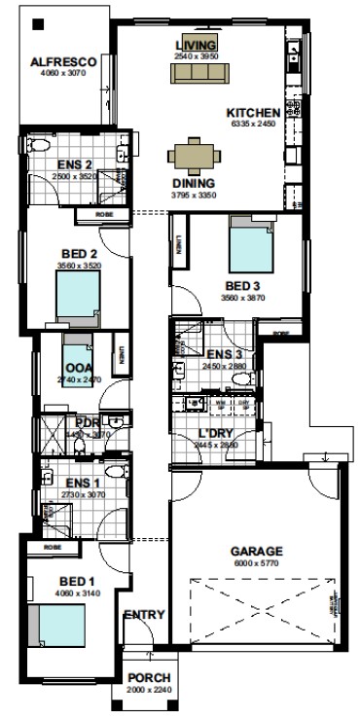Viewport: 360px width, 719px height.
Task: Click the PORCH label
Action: click(x=149, y=677)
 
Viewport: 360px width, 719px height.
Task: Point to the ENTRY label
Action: click(x=144, y=614)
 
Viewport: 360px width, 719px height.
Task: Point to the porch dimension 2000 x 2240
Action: click(x=149, y=689)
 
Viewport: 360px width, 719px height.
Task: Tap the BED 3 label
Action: click(x=243, y=286)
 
